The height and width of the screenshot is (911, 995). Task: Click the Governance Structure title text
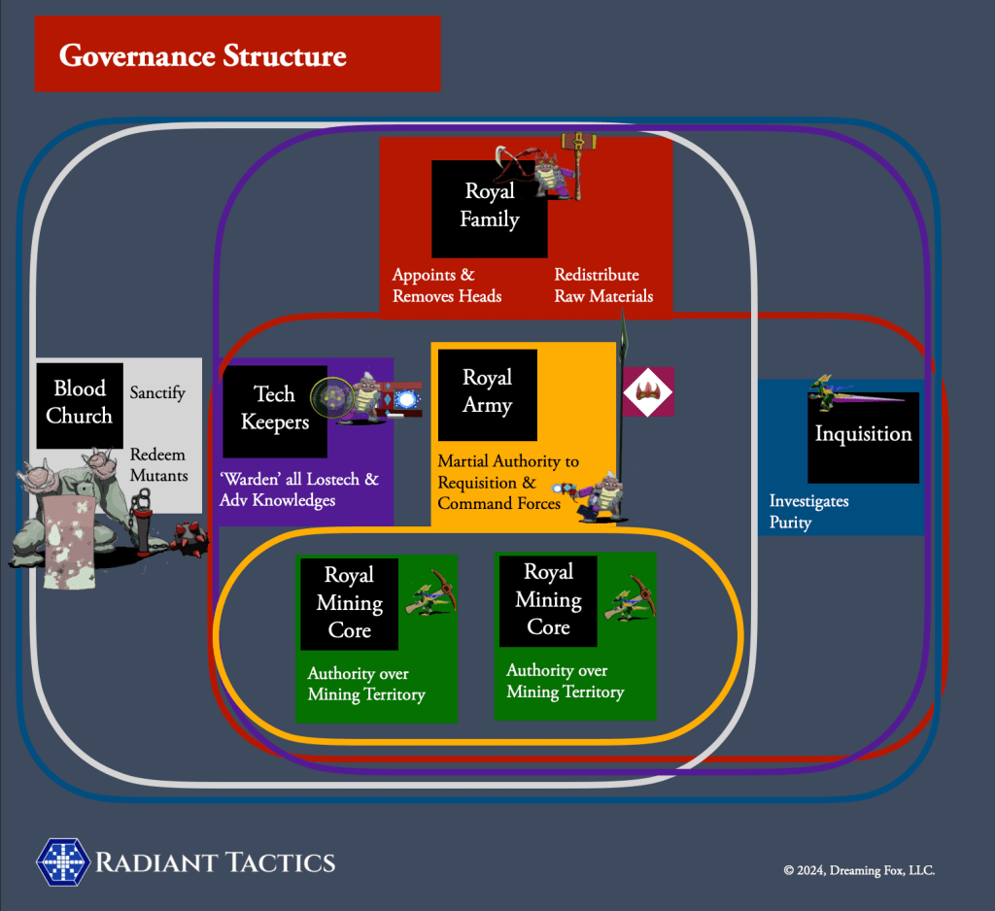202,55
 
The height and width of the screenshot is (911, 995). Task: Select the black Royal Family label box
489,207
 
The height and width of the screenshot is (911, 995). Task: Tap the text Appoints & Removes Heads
447,286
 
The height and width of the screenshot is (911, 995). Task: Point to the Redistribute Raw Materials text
603,286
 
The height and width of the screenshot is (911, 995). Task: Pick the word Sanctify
157,393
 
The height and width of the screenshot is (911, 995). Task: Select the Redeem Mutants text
158,465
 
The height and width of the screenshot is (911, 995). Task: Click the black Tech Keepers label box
274,410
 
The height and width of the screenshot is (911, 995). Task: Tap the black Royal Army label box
487,393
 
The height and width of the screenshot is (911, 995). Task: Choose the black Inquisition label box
863,437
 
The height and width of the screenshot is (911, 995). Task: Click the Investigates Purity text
808,512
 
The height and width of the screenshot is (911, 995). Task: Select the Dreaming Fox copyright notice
859,871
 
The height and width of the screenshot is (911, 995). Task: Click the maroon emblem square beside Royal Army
648,392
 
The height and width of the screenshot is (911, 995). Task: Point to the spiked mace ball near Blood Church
188,536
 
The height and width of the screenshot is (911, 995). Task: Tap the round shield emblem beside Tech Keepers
331,399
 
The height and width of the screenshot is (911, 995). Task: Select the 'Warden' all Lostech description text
298,490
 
